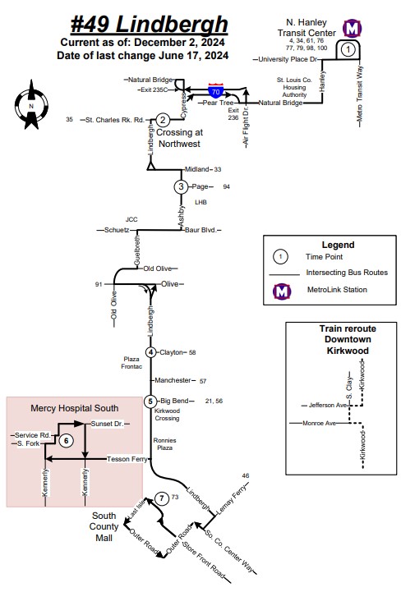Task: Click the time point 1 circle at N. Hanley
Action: pyautogui.click(x=348, y=49)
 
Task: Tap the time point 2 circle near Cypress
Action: pyautogui.click(x=163, y=120)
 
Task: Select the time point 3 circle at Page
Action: pyautogui.click(x=181, y=186)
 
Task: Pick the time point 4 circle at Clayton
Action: pyautogui.click(x=151, y=352)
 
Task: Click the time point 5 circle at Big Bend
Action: pyautogui.click(x=150, y=401)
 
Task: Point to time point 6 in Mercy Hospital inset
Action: pyautogui.click(x=67, y=441)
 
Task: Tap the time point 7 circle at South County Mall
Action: pyautogui.click(x=162, y=498)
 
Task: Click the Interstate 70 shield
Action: pyautogui.click(x=216, y=91)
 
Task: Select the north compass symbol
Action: pyautogui.click(x=31, y=105)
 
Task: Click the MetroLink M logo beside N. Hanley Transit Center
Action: pyautogui.click(x=353, y=28)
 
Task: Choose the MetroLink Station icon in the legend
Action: pyautogui.click(x=282, y=291)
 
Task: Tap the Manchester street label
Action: pyautogui.click(x=173, y=380)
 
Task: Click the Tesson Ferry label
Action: pyautogui.click(x=127, y=459)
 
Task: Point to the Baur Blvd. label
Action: pyautogui.click(x=200, y=230)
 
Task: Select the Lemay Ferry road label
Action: pyautogui.click(x=231, y=499)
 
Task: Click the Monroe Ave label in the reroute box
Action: pyautogui.click(x=319, y=423)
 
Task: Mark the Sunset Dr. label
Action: pyautogui.click(x=108, y=424)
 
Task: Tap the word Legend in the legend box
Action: pyautogui.click(x=338, y=245)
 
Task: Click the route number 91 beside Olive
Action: pyautogui.click(x=99, y=284)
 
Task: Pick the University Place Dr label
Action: pyautogui.click(x=288, y=59)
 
